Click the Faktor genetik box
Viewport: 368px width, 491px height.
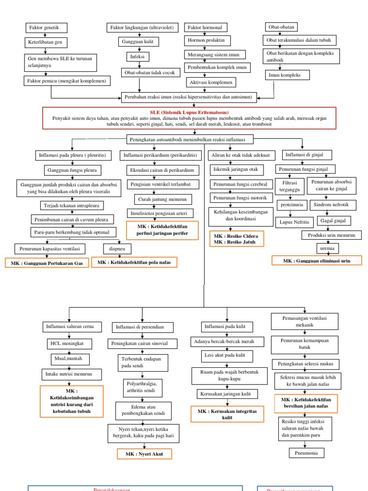(46, 27)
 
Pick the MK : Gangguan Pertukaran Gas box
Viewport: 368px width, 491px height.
(47, 263)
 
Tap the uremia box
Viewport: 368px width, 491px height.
(325, 249)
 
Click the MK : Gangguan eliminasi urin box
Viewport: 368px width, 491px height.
(316, 260)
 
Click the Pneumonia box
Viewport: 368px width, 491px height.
(307, 453)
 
